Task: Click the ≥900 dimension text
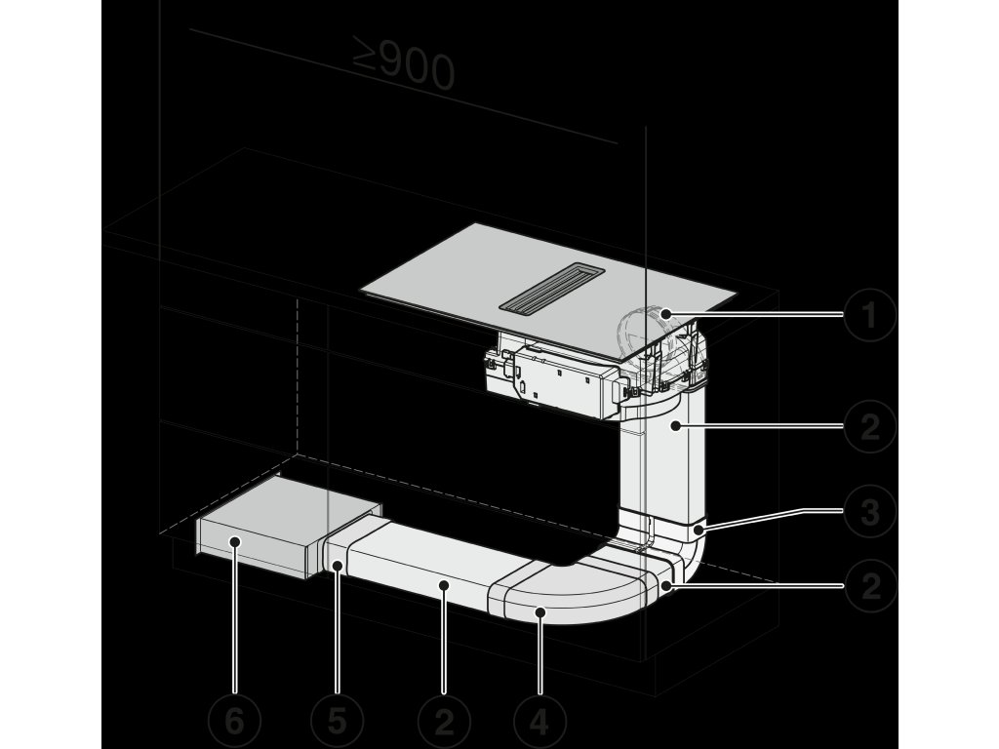pyautogui.click(x=403, y=67)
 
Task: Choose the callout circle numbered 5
pyautogui.click(x=337, y=723)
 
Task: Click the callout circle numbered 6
pyautogui.click(x=234, y=723)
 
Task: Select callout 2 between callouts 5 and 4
pyautogui.click(x=444, y=723)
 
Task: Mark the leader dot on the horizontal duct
pyautogui.click(x=444, y=585)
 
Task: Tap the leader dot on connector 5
pyautogui.click(x=337, y=566)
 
